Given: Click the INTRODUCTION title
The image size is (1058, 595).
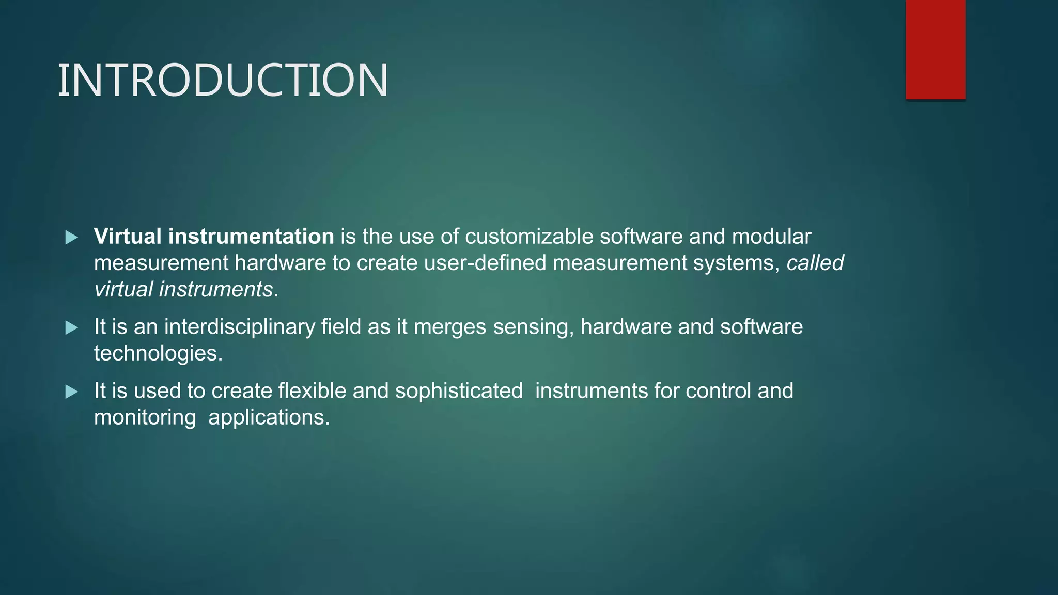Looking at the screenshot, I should point(223,80).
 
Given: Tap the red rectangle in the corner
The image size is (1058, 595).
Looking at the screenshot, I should point(935,49).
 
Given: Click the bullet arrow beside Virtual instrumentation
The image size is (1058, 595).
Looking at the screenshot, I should point(72,238).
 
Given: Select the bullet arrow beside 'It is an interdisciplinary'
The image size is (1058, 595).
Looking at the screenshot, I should point(72,327).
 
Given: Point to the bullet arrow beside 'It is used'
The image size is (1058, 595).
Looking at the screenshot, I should point(72,392).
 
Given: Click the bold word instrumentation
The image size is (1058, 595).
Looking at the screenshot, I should point(251,237).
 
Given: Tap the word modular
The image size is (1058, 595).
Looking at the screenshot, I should point(771,237).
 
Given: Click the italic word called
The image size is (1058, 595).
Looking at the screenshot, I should point(815,263).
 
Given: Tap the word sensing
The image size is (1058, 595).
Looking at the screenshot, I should point(533,327).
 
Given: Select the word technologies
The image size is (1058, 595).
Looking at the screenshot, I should point(158,353).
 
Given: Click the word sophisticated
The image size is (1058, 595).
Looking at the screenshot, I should point(459,391).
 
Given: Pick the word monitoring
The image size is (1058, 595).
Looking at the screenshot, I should point(145,417).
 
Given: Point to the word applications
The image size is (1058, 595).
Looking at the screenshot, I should point(269,417).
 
